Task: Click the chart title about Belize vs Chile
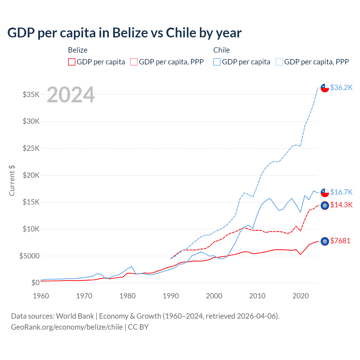pyautogui.click(x=124, y=33)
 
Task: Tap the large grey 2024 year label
pyautogui.click(x=71, y=95)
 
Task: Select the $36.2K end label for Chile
pyautogui.click(x=341, y=87)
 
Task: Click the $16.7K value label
pyautogui.click(x=341, y=192)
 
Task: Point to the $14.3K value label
pyautogui.click(x=341, y=205)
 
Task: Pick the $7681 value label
pyautogui.click(x=340, y=241)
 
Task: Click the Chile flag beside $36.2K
pyautogui.click(x=325, y=88)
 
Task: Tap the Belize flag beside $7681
pyautogui.click(x=325, y=241)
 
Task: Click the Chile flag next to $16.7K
pyautogui.click(x=325, y=193)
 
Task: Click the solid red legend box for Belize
pyautogui.click(x=72, y=62)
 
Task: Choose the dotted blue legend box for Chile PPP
pyautogui.click(x=279, y=62)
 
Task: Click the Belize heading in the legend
pyautogui.click(x=78, y=50)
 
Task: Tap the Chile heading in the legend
pyautogui.click(x=221, y=50)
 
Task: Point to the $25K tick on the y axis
pyautogui.click(x=31, y=148)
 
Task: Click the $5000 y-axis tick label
pyautogui.click(x=29, y=256)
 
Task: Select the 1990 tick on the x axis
pyautogui.click(x=171, y=296)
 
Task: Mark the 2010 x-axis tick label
pyautogui.click(x=257, y=296)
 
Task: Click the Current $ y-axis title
pyautogui.click(x=12, y=181)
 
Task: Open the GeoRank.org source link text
pyautogui.click(x=67, y=327)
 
